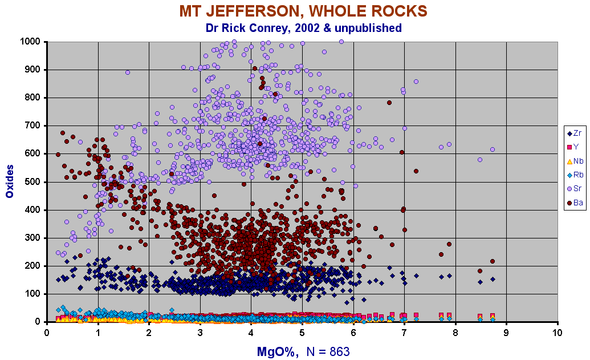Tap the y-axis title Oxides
10,182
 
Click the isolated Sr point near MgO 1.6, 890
128,72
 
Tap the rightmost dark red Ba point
492,261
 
